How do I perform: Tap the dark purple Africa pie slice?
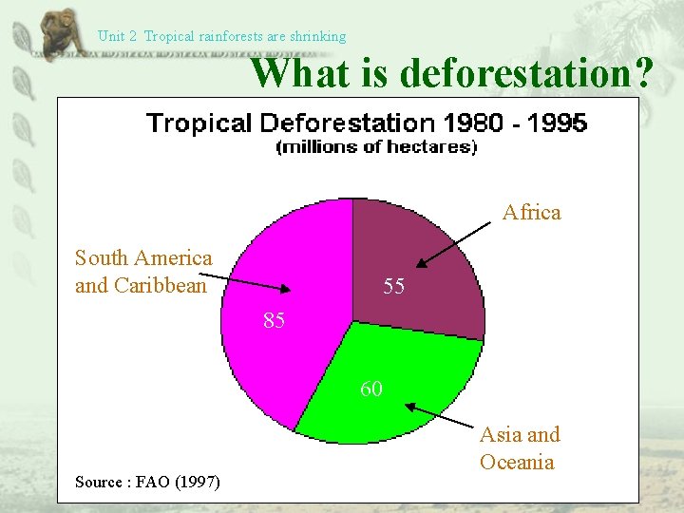(x=418, y=256)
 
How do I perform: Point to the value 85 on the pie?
(x=275, y=321)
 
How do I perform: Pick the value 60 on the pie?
(x=371, y=389)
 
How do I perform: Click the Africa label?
(x=531, y=212)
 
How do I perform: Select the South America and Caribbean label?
(x=143, y=272)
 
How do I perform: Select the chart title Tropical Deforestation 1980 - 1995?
(x=366, y=123)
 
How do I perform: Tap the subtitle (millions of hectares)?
(x=376, y=146)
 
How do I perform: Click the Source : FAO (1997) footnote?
(x=147, y=483)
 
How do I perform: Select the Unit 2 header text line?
(x=221, y=36)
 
